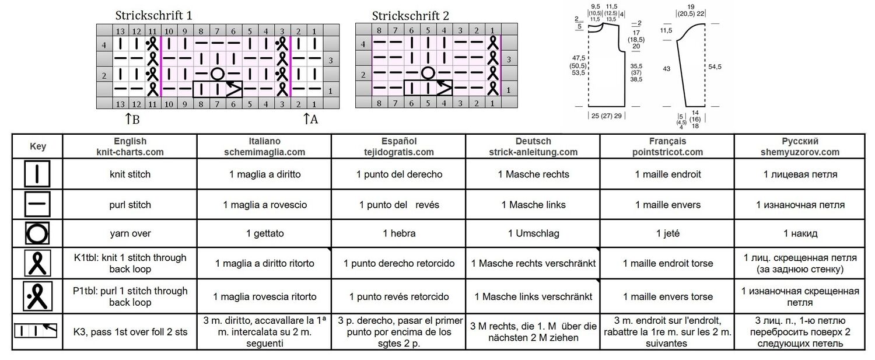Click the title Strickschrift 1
(x=153, y=15)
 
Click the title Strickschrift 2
(x=410, y=16)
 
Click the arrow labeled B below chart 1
(x=128, y=118)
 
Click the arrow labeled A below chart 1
(x=306, y=118)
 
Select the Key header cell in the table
(x=38, y=146)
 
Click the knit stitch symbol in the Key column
(x=37, y=174)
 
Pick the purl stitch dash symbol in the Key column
(x=37, y=204)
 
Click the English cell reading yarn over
(x=130, y=233)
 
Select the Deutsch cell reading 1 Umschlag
(x=533, y=233)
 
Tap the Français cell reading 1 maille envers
(x=667, y=204)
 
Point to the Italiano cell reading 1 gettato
(x=264, y=233)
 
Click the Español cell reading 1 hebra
(x=399, y=233)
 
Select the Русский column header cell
(x=800, y=146)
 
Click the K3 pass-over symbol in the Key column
(x=36, y=331)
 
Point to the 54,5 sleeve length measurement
(x=715, y=67)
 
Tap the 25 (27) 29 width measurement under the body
(x=606, y=116)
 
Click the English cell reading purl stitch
(x=130, y=204)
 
